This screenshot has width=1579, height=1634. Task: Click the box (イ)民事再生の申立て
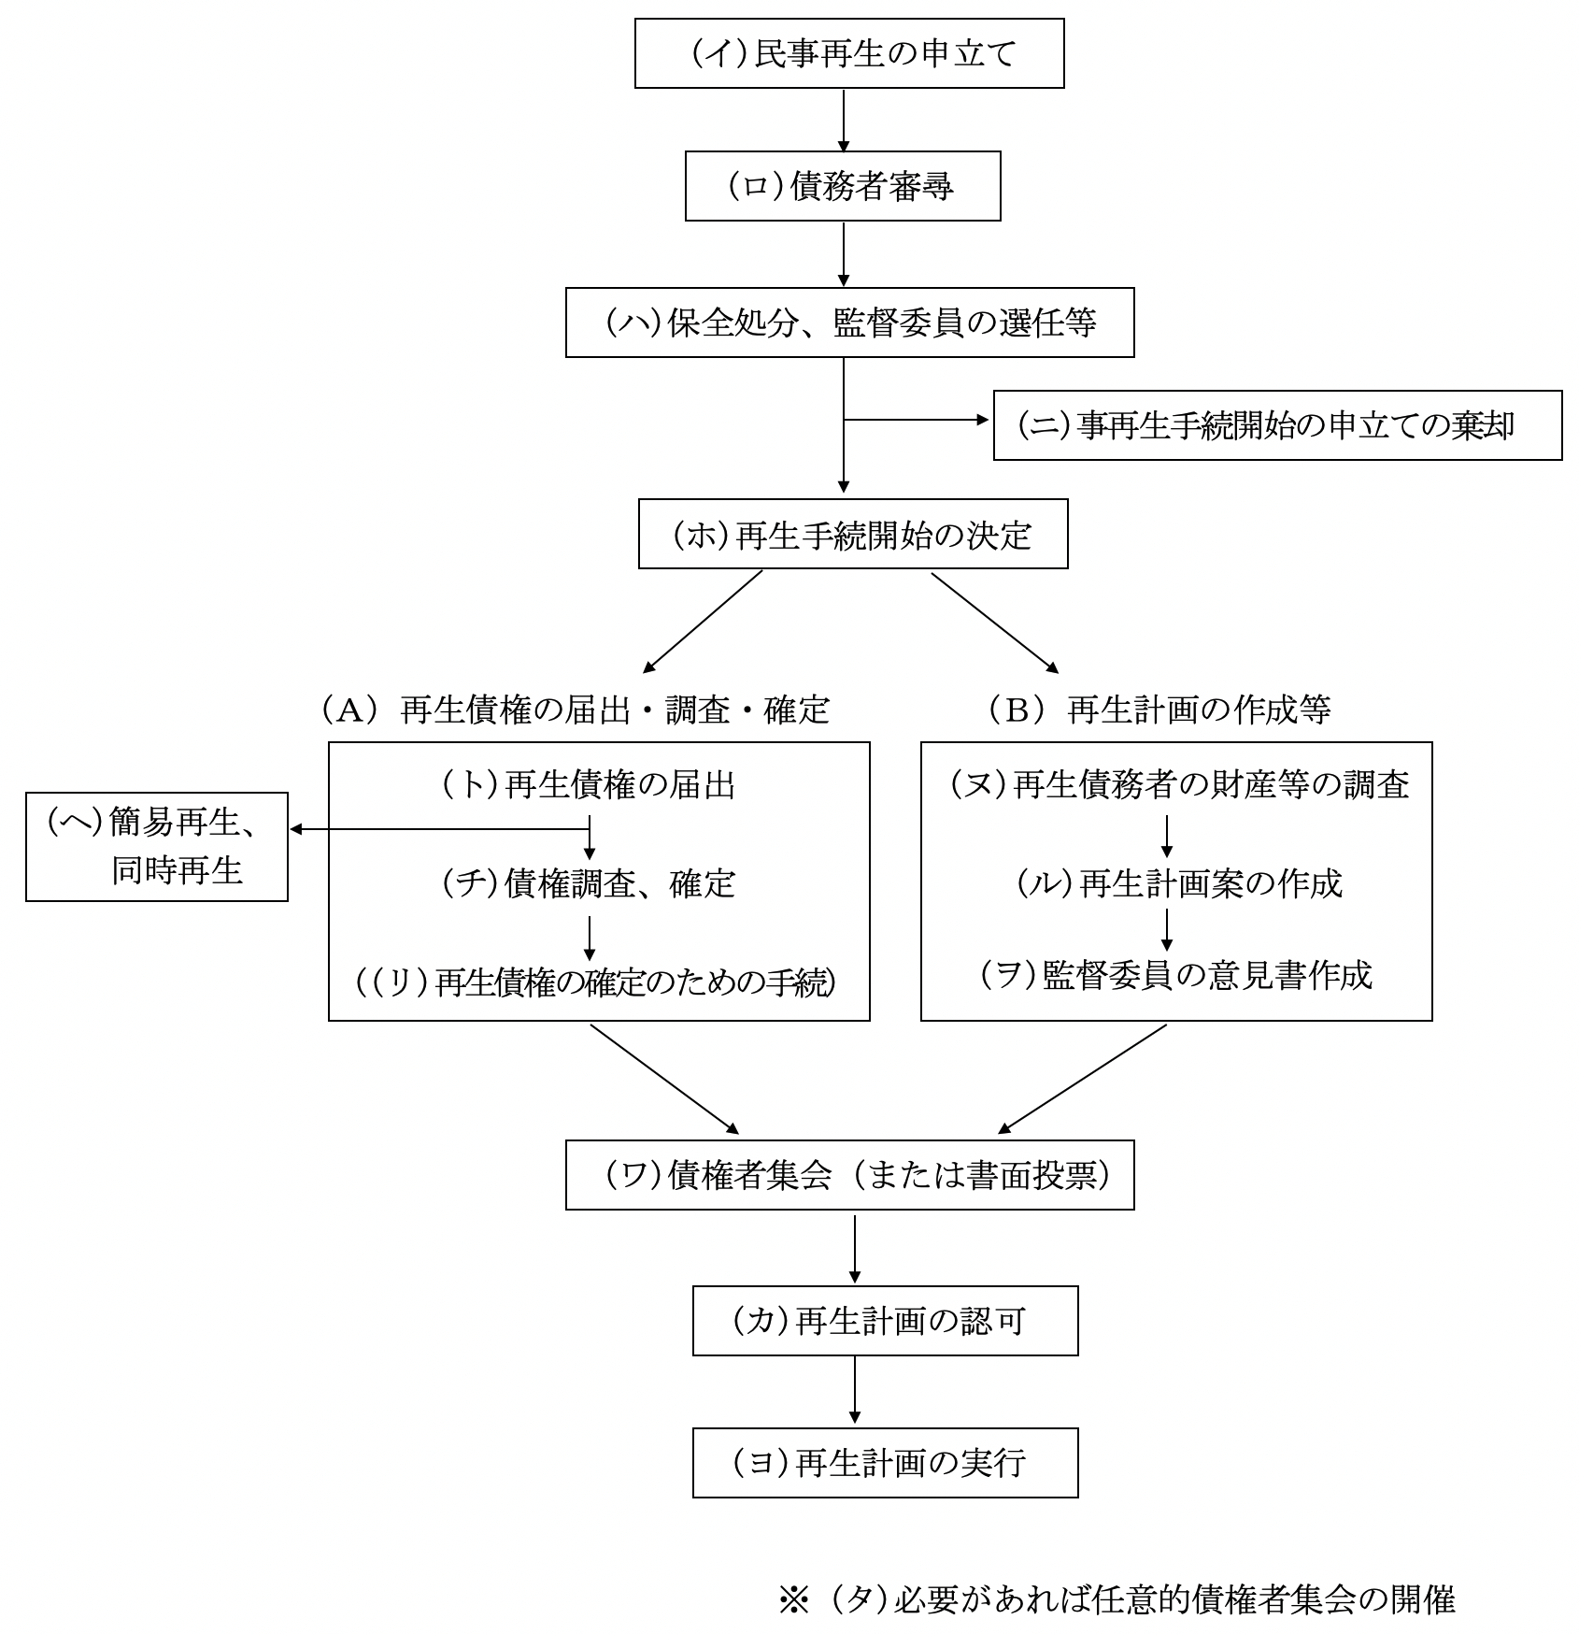(849, 54)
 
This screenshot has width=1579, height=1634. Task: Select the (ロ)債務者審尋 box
(843, 187)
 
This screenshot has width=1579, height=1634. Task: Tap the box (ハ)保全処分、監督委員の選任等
(849, 323)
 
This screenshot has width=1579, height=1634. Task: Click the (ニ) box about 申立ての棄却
(1276, 426)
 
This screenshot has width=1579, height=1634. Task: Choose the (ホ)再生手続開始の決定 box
(852, 535)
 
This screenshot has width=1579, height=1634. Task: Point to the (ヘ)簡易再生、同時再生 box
(157, 847)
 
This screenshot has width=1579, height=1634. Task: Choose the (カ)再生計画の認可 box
(885, 1321)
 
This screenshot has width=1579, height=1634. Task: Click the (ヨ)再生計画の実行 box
(885, 1463)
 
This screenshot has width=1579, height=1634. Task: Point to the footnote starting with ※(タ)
(1117, 1600)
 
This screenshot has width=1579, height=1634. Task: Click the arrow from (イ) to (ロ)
(844, 121)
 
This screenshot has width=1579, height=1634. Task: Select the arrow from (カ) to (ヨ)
(855, 1391)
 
